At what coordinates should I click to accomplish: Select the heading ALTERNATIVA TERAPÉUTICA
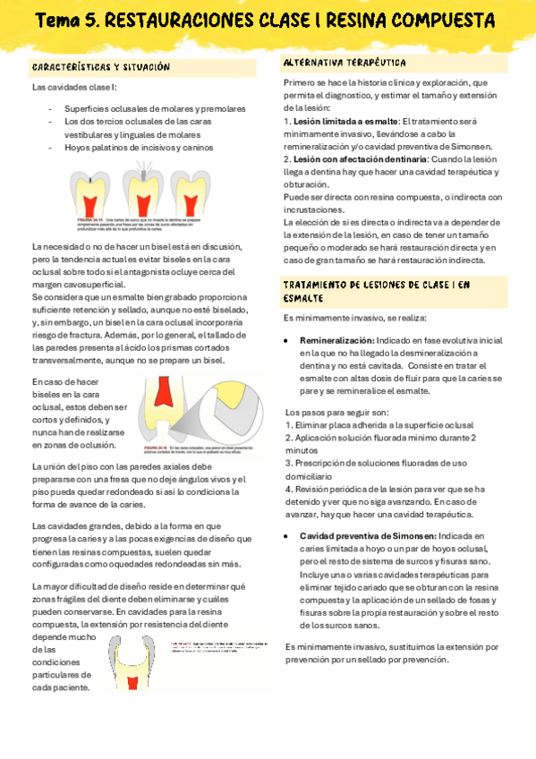pyautogui.click(x=345, y=63)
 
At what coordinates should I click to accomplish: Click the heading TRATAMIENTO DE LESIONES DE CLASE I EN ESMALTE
pyautogui.click(x=376, y=291)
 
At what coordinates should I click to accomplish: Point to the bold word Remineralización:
pyautogui.click(x=336, y=341)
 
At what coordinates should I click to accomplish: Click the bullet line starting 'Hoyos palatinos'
pyautogui.click(x=139, y=148)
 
